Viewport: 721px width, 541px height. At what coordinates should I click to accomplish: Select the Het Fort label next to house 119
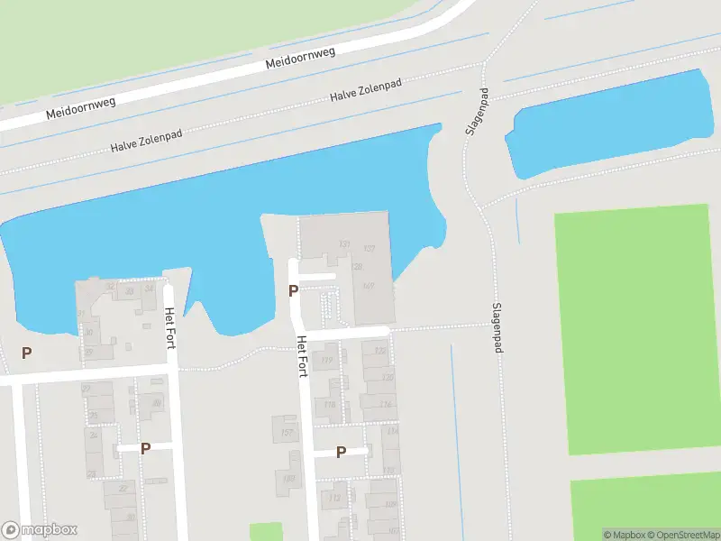tap(303, 357)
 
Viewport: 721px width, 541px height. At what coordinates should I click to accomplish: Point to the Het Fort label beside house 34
tap(169, 326)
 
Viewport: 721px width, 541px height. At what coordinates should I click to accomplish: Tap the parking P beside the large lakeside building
tap(292, 290)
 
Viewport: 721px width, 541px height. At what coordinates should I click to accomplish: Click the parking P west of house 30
tap(27, 353)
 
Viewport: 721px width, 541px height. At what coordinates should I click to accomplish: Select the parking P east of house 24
tap(145, 447)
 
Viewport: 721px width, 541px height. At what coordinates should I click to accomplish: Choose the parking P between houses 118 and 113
tap(341, 452)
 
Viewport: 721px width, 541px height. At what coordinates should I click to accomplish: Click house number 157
tap(287, 433)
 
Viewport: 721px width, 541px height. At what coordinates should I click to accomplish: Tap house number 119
tap(327, 361)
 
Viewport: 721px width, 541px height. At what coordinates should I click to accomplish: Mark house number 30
tap(88, 332)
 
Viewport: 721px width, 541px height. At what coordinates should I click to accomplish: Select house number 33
tap(129, 291)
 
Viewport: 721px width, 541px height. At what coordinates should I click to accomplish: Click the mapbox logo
tap(40, 530)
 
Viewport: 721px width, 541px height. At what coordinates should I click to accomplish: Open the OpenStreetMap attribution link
tap(680, 535)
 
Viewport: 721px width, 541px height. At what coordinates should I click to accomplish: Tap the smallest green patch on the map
tap(265, 532)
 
